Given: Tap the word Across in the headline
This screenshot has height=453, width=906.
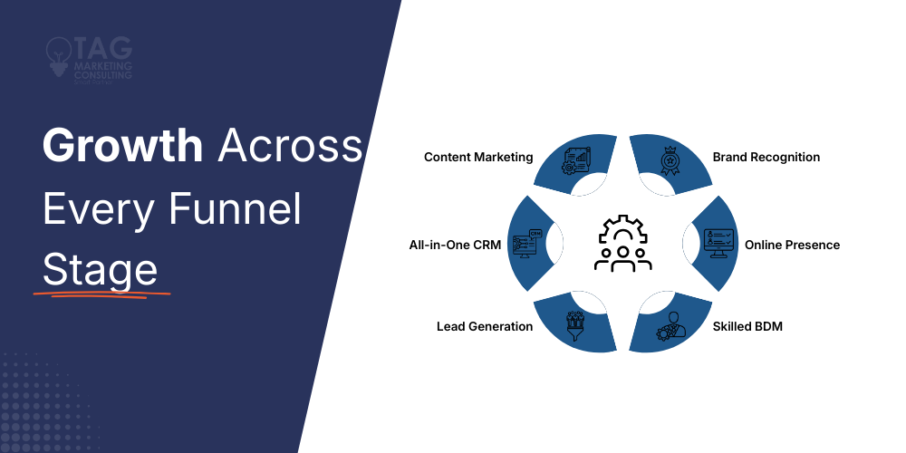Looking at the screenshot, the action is [x=290, y=146].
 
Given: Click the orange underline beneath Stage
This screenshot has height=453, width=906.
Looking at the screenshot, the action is [x=101, y=295].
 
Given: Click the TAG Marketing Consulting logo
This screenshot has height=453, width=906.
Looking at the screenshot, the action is [x=89, y=57].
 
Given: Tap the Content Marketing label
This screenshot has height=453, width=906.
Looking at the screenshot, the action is [x=478, y=157].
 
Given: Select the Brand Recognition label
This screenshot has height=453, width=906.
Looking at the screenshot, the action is [x=766, y=157].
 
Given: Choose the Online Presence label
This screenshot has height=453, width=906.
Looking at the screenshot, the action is [x=792, y=245].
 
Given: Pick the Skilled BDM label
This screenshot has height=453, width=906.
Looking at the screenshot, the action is [x=747, y=326].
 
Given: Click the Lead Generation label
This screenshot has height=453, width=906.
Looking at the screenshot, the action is [x=485, y=326].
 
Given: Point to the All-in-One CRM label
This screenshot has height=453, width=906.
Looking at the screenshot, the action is [x=455, y=245].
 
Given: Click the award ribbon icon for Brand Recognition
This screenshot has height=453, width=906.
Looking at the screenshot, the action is [x=670, y=160].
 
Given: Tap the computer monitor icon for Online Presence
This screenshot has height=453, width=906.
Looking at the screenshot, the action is [x=718, y=243].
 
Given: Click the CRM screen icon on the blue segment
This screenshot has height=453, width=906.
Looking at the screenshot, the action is [x=527, y=243].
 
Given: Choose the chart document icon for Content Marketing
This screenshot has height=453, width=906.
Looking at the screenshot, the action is [x=575, y=160].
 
